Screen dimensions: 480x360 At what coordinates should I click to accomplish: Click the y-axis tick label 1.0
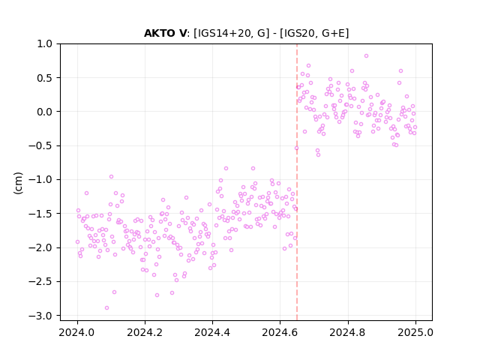coord(45,43)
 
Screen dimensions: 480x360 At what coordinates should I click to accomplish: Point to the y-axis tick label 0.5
coord(45,78)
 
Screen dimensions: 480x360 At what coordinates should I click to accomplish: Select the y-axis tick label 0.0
coord(45,112)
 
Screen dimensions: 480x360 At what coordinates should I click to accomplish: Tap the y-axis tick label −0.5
coord(40,145)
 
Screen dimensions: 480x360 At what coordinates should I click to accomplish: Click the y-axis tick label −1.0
coord(40,180)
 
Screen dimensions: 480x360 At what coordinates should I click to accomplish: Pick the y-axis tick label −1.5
coord(40,214)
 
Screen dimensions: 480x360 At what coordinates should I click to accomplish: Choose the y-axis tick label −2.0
coord(40,247)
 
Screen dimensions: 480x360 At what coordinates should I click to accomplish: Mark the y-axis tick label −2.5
coord(40,282)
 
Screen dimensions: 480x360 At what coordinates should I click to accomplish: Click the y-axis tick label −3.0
coord(40,316)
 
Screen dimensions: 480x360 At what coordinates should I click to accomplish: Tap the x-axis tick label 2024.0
coord(77,332)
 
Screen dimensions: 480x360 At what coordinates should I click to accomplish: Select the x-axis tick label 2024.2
coord(145,332)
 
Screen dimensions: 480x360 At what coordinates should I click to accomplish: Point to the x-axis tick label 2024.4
coord(212,332)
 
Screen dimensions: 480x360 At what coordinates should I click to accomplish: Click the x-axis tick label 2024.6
coord(280,332)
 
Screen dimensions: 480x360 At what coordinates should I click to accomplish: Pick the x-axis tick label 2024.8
coord(348,332)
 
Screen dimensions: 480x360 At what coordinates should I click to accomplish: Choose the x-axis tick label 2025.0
coord(415,332)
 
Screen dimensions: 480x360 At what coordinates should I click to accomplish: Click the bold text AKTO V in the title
coord(165,33)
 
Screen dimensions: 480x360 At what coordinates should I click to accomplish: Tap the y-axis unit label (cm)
coord(18,183)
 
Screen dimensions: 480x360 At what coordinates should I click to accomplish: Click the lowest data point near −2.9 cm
coord(106,307)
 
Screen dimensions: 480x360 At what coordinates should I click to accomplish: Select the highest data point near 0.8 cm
coord(366,55)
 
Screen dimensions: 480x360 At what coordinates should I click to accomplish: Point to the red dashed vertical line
coord(297,182)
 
